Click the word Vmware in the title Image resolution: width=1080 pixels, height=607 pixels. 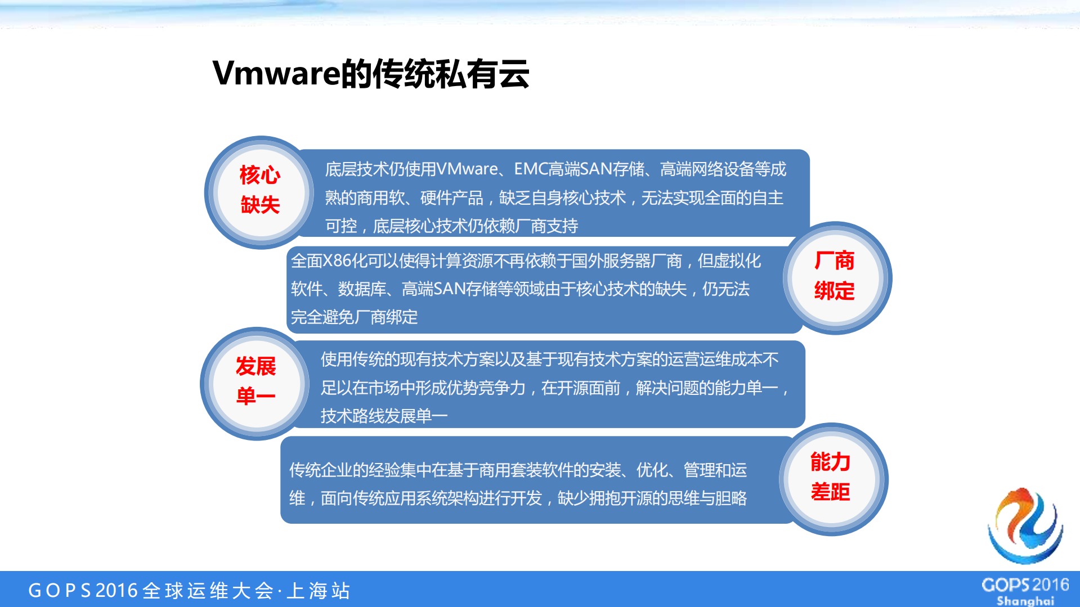point(276,74)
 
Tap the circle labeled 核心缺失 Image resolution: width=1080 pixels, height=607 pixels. point(259,191)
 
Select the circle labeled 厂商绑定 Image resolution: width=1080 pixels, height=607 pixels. point(835,277)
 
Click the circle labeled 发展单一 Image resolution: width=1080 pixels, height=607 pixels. point(256,383)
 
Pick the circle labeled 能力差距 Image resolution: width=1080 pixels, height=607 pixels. point(831,478)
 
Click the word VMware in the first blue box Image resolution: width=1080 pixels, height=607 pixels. point(467,169)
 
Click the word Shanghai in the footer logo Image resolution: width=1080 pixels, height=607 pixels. point(1025,600)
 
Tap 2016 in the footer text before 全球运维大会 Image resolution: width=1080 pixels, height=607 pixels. point(116,591)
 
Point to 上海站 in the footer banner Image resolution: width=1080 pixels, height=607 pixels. point(319,591)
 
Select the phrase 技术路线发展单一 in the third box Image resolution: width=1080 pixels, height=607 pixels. point(384,416)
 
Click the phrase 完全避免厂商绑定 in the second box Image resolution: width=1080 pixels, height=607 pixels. point(354,317)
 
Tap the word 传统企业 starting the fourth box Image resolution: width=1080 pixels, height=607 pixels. point(321,470)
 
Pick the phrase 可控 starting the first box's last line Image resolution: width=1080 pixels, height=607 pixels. point(341,226)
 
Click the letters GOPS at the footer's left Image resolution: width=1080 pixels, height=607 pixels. point(59,591)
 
